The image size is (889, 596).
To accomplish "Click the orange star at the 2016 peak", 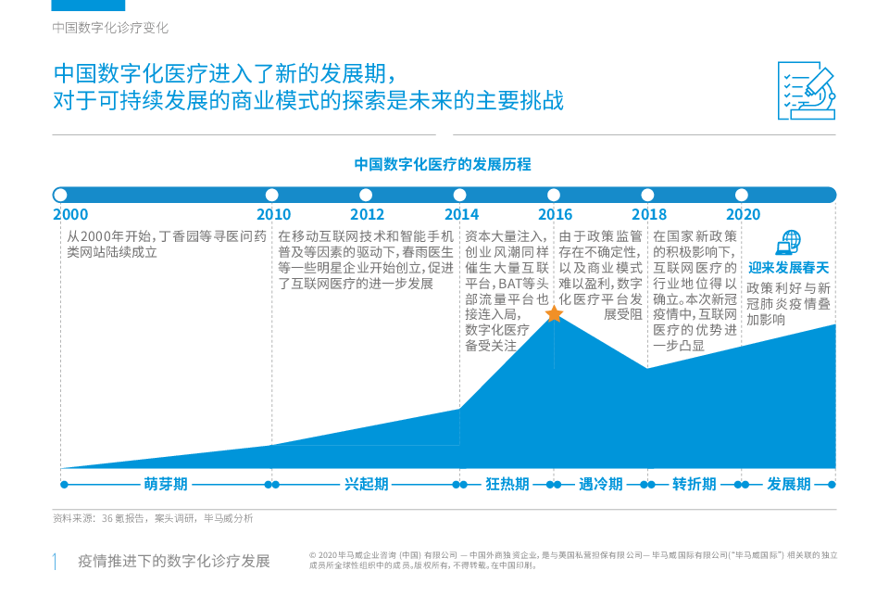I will coord(554,314).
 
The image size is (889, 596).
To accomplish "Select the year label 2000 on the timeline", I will coord(70,215).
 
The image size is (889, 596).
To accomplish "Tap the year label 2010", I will coord(273,215).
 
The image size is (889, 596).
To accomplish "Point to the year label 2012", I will coord(367,215).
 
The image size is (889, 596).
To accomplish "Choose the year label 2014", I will coord(460,215).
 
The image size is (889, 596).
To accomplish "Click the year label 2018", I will coord(647,215).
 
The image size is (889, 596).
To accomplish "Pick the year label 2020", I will coord(742,215).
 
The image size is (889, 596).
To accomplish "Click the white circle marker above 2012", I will coord(366,195).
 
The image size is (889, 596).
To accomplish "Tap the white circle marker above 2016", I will coord(554,195).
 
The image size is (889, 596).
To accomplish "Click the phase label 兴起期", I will coord(367,484).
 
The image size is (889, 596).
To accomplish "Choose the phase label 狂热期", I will coord(507,484).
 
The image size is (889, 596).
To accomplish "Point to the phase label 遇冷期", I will coord(601,484).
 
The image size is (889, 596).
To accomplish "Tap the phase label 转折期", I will coord(695,484).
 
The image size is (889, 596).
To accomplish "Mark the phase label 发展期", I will coord(788,484).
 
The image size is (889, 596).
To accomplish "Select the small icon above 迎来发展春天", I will coord(788,243).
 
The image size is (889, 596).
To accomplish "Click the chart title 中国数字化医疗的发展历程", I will coord(444,164).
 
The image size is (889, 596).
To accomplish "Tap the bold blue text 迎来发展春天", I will coord(788,269).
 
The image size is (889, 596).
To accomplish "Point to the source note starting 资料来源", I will coord(152,518).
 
